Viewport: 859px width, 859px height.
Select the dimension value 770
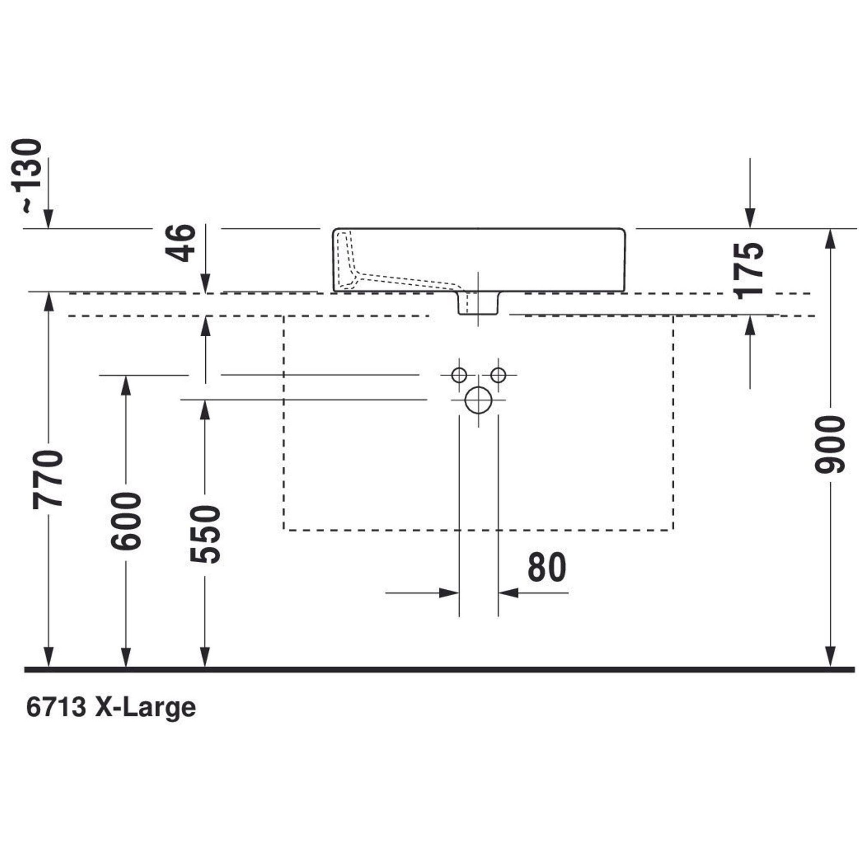48,478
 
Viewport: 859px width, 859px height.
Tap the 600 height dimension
126,521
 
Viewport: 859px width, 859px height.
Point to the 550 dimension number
205,534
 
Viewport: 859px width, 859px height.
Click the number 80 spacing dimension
547,567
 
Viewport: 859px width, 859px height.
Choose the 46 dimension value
180,243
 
